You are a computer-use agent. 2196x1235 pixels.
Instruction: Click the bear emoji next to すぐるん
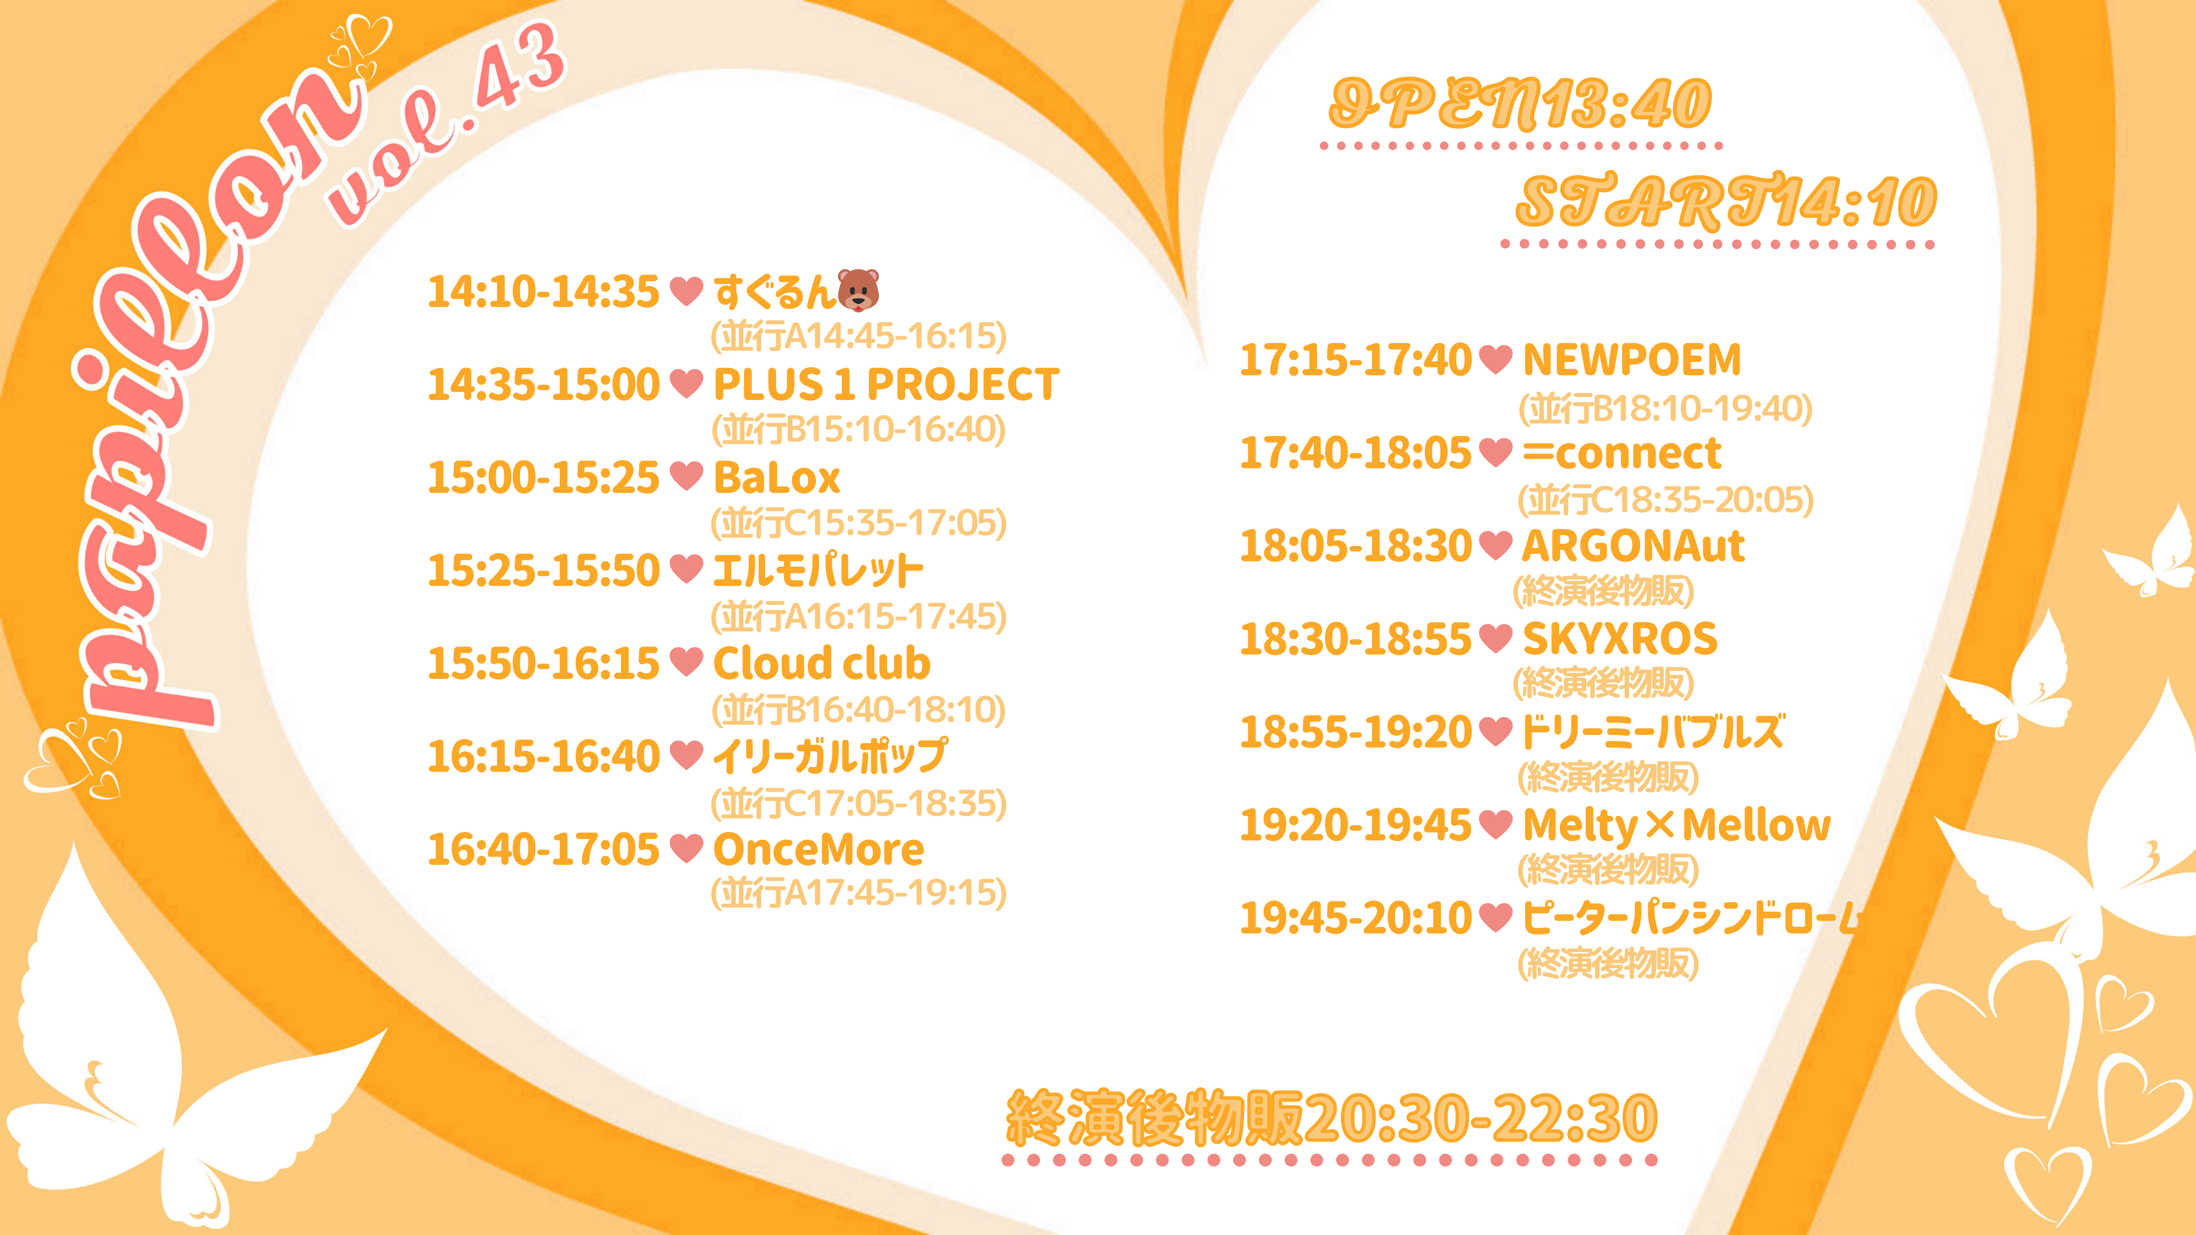pos(857,291)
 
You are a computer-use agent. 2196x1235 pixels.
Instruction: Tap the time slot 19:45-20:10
pos(1355,918)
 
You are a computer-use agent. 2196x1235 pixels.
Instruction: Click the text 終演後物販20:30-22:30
pos(1332,1117)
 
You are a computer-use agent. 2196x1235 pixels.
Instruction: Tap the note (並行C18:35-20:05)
pos(1666,499)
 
